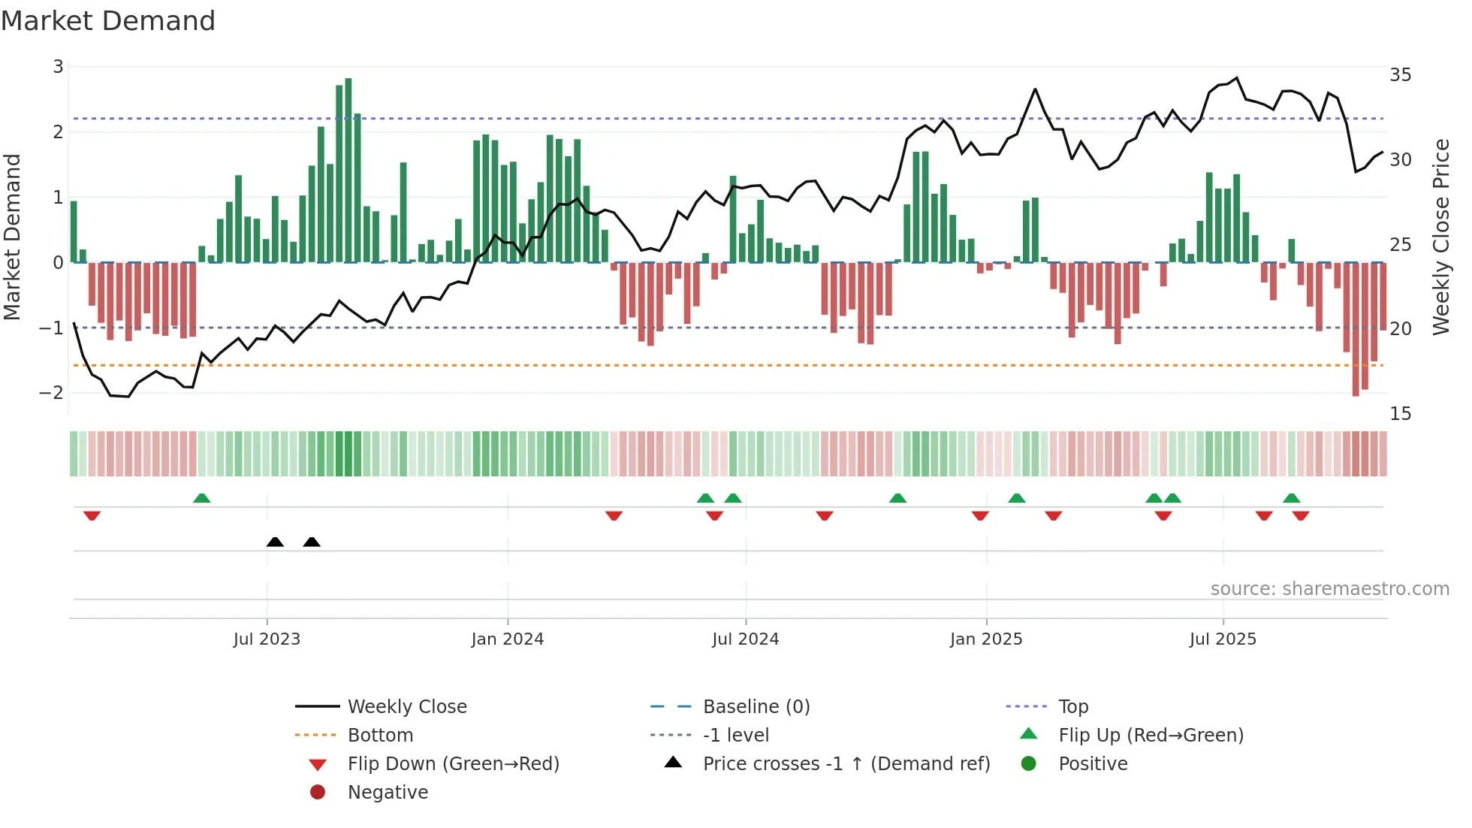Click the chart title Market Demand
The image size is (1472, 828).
(108, 21)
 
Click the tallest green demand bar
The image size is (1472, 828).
(348, 170)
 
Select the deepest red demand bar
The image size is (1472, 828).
(1356, 329)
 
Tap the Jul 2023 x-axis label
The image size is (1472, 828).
(267, 639)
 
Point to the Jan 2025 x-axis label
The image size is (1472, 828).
(986, 639)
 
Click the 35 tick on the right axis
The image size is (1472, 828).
(1400, 75)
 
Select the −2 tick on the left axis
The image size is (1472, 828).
(53, 392)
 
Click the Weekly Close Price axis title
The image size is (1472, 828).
(1440, 237)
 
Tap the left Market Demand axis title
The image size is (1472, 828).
(13, 237)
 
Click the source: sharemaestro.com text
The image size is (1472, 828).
(1329, 588)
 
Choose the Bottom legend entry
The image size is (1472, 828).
(380, 735)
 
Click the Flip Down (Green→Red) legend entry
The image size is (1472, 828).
(453, 763)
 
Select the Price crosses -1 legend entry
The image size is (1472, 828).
(846, 763)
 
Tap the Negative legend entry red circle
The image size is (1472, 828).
(318, 792)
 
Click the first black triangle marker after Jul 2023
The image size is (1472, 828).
(275, 542)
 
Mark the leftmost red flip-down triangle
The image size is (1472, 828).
(92, 515)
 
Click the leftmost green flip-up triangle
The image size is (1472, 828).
(201, 498)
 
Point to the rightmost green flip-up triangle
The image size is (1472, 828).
(1291, 498)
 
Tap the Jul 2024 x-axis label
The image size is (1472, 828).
(745, 639)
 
